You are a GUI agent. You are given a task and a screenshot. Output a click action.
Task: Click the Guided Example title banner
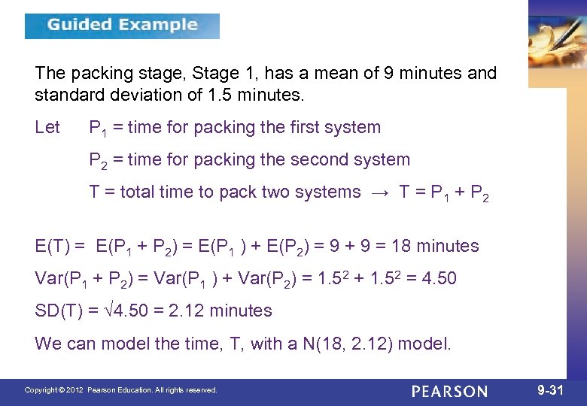(x=122, y=26)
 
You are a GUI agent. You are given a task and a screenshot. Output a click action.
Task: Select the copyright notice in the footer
(x=120, y=390)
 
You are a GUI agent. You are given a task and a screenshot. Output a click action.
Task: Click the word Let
(x=47, y=128)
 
